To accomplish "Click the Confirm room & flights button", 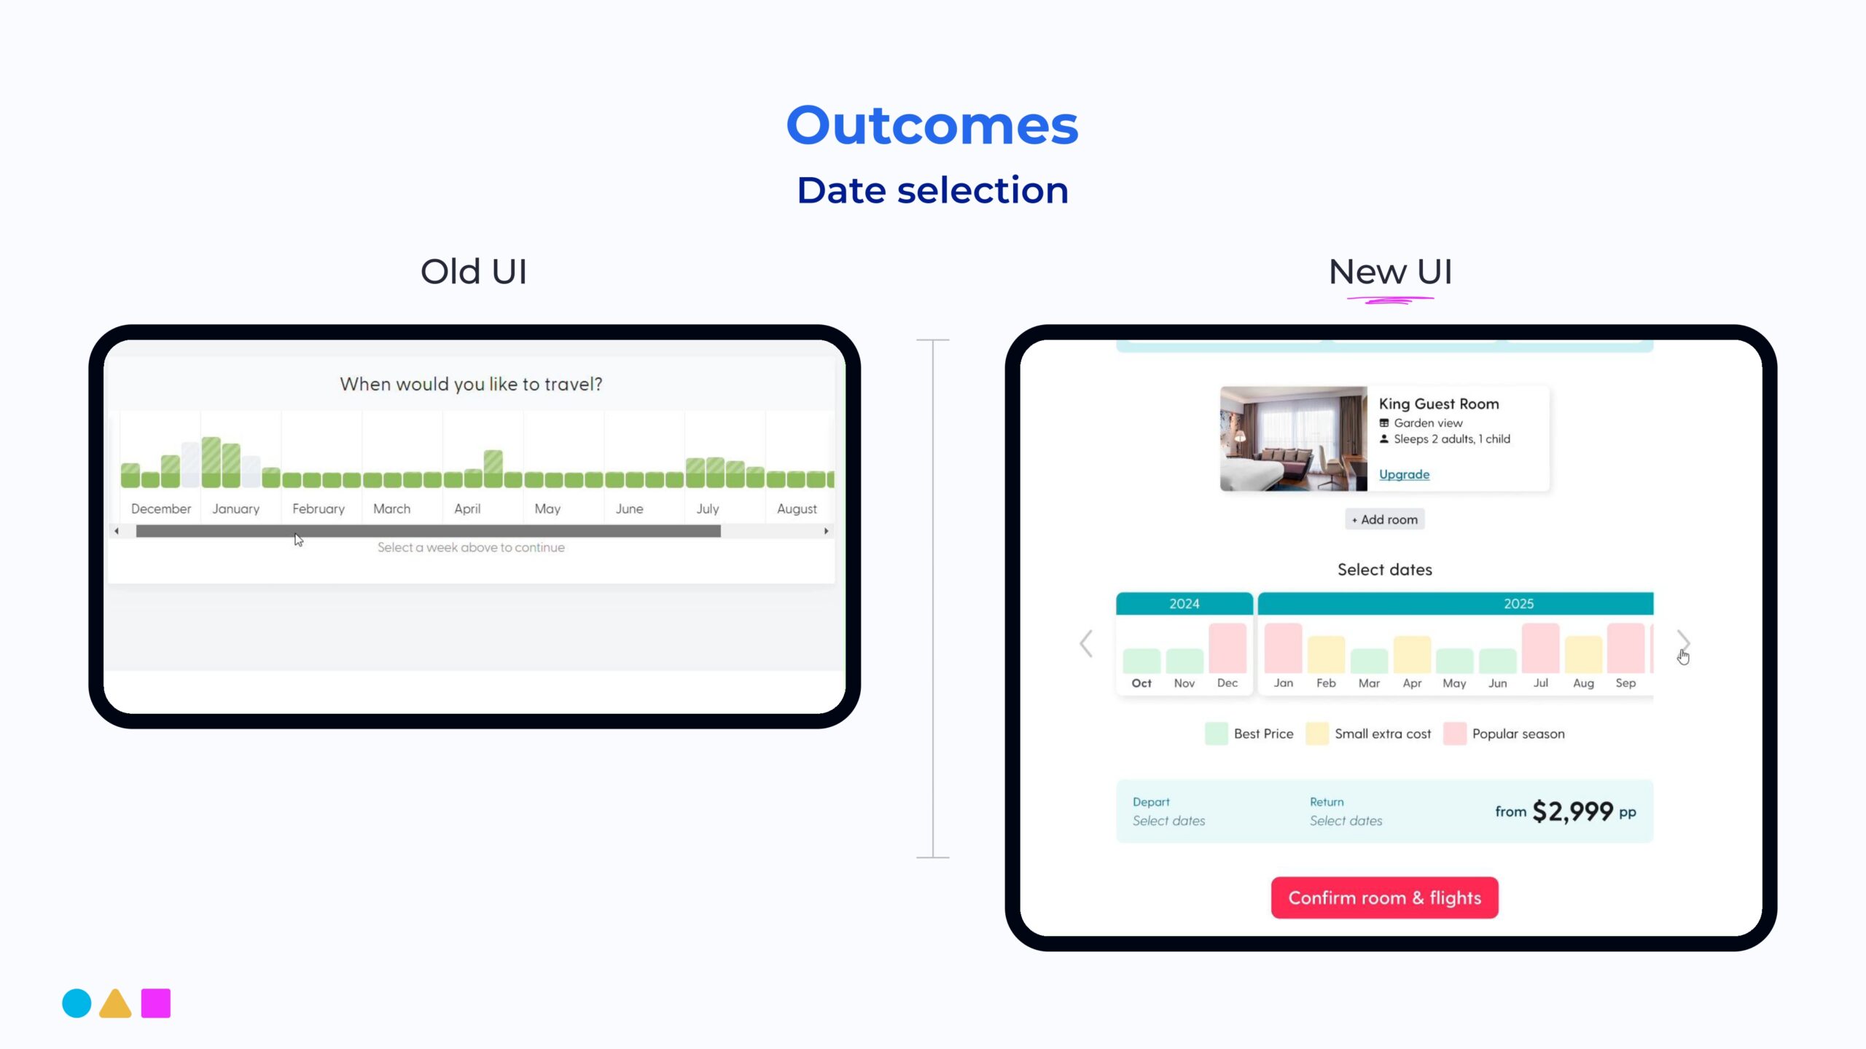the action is (1384, 897).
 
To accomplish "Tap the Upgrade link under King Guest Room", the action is (1404, 474).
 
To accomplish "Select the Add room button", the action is (1384, 519).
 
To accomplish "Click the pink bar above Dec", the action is (1227, 648).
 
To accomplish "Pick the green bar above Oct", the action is (1141, 661).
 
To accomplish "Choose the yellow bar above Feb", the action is (1326, 654).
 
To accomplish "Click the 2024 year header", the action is (1184, 603).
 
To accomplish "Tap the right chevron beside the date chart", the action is (1683, 643).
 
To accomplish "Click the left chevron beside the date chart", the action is (1086, 643).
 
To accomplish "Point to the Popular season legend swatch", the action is (1455, 734).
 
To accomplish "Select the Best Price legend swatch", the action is (1217, 734).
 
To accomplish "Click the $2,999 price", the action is (1573, 812).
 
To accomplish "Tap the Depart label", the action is (1151, 801).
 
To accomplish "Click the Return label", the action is (1327, 801).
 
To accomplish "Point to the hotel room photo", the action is (1294, 439).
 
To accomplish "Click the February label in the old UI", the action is (319, 508).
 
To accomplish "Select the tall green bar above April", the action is (493, 468).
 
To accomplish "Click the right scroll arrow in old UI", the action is (826, 531).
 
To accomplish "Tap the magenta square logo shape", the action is (155, 1003).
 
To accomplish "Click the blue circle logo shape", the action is (77, 1003).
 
